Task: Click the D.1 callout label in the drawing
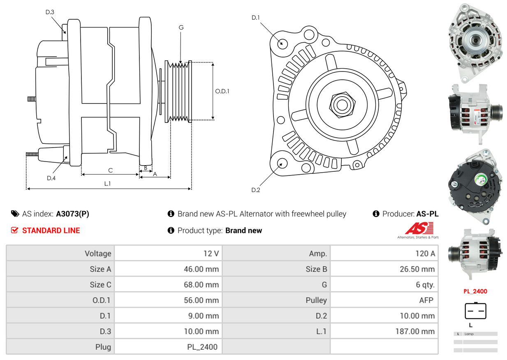click(x=255, y=18)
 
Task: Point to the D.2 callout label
click(x=255, y=190)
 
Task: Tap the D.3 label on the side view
click(x=50, y=12)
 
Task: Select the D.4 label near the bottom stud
click(x=51, y=178)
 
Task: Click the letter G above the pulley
click(x=181, y=28)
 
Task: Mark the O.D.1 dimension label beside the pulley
click(x=222, y=91)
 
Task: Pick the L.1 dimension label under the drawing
click(x=107, y=184)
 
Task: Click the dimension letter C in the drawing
click(x=110, y=170)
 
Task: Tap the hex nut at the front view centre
click(x=341, y=104)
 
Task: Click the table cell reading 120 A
click(x=425, y=254)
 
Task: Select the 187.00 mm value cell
click(x=416, y=331)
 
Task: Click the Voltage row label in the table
click(x=98, y=254)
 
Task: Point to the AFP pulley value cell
click(x=426, y=300)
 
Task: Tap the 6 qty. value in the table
click(x=425, y=284)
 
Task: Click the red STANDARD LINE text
click(x=51, y=231)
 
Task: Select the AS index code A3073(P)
click(x=72, y=214)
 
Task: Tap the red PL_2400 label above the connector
click(x=475, y=291)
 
